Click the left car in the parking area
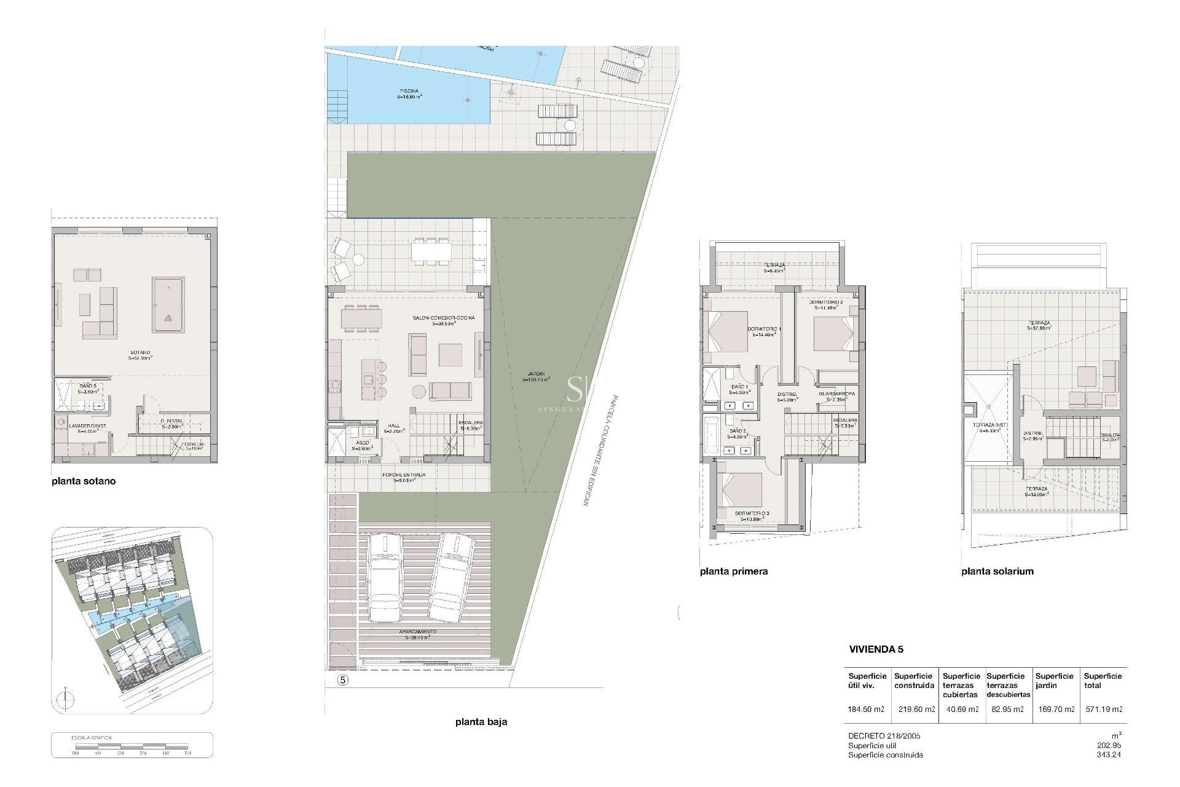point(385,577)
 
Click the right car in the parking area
point(452,577)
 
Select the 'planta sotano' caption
point(84,481)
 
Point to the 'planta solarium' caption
point(997,571)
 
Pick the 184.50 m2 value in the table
point(865,710)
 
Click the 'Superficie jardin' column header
point(1054,681)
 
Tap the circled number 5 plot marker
point(343,680)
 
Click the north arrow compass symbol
point(65,700)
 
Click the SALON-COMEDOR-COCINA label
point(443,320)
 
